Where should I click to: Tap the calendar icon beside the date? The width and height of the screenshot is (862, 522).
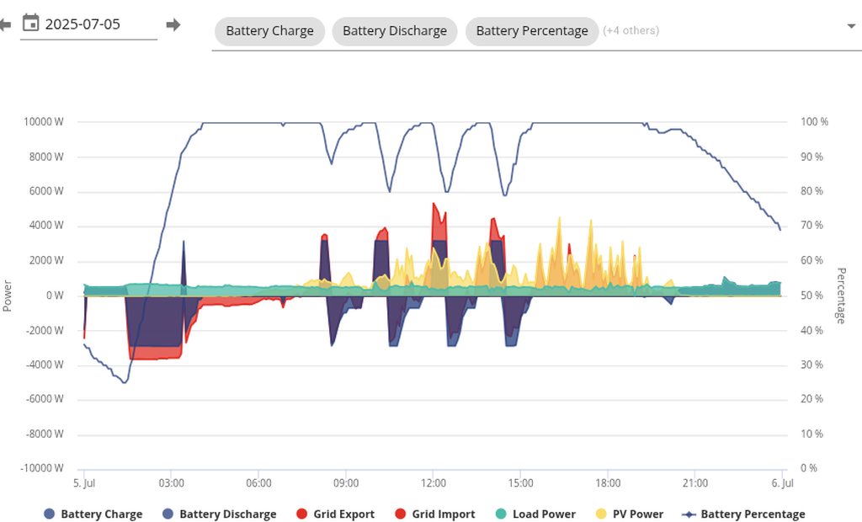click(x=31, y=23)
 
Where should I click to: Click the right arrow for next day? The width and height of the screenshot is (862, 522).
click(x=173, y=24)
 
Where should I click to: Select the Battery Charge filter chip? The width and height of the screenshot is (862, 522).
click(x=269, y=31)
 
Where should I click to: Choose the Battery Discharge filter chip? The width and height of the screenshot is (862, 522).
click(x=395, y=31)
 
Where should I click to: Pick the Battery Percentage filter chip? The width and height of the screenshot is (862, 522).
click(x=532, y=31)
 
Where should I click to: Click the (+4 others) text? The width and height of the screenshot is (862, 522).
click(x=631, y=31)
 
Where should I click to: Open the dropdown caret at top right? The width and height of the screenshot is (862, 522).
click(x=852, y=26)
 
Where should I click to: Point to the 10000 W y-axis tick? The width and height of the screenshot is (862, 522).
click(x=44, y=121)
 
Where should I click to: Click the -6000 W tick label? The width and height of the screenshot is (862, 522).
click(x=45, y=399)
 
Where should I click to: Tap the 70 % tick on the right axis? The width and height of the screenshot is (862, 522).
click(x=812, y=225)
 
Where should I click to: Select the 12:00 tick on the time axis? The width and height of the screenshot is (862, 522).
click(x=434, y=483)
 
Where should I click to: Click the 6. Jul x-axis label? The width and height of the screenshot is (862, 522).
click(x=782, y=483)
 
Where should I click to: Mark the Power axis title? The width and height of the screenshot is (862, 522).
click(x=7, y=296)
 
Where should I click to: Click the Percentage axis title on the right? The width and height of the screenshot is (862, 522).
click(x=841, y=296)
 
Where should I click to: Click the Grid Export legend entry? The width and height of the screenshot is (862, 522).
click(x=336, y=514)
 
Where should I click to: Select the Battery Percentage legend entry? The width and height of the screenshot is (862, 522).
click(x=743, y=514)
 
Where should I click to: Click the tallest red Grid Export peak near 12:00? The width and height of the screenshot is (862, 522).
click(x=434, y=205)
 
